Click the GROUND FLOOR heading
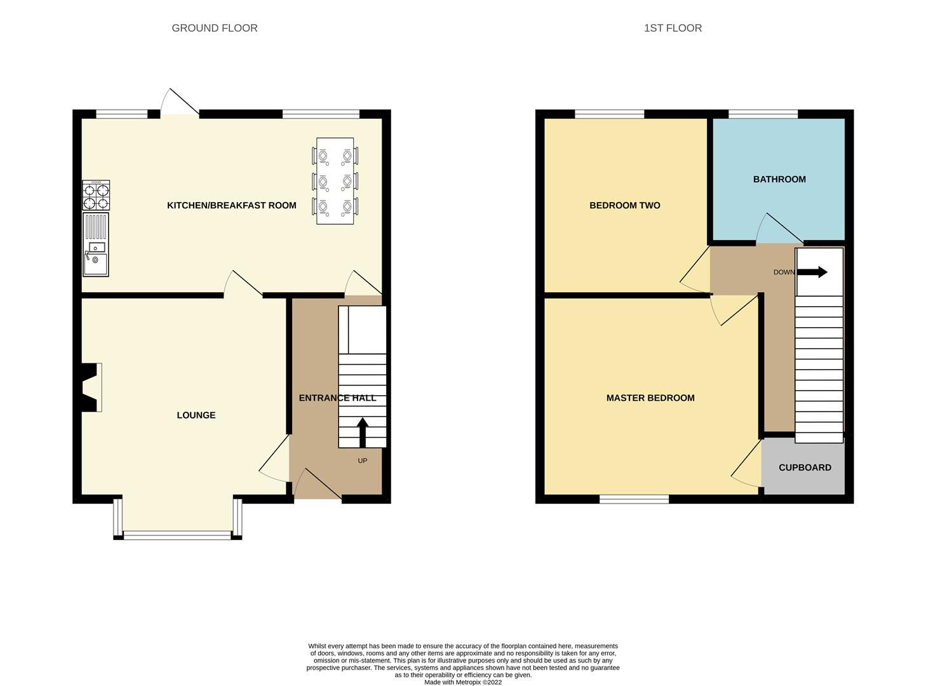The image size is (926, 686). (215, 28)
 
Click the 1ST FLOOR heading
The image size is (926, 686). (673, 28)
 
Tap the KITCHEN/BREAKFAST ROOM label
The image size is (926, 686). (231, 205)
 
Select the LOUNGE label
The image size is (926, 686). (196, 415)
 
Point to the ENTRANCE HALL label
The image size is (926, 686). (337, 398)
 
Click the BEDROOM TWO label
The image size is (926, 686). (624, 205)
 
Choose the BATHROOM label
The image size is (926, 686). (779, 179)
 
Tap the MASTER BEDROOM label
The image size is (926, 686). (650, 398)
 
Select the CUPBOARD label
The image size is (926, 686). (805, 467)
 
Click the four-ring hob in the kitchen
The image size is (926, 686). (96, 196)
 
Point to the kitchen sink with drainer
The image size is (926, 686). (96, 245)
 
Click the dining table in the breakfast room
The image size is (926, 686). (335, 180)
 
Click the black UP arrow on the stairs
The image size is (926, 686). (362, 433)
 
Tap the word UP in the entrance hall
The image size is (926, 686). (362, 461)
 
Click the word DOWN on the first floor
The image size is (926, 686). (784, 272)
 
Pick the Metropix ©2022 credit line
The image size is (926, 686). (463, 682)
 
